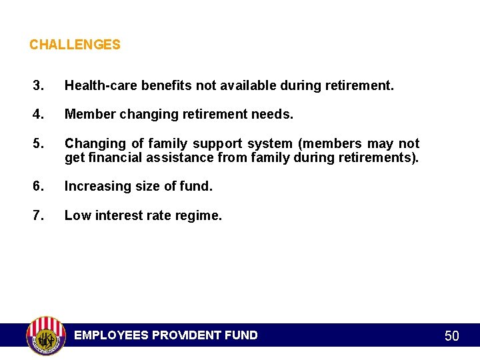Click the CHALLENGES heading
click(x=75, y=45)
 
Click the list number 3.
click(x=39, y=86)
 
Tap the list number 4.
click(x=39, y=115)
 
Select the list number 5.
click(x=39, y=144)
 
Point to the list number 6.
click(x=39, y=187)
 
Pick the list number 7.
click(x=39, y=215)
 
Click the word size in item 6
click(x=144, y=187)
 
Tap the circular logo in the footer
click(x=45, y=335)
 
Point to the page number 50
click(x=451, y=336)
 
